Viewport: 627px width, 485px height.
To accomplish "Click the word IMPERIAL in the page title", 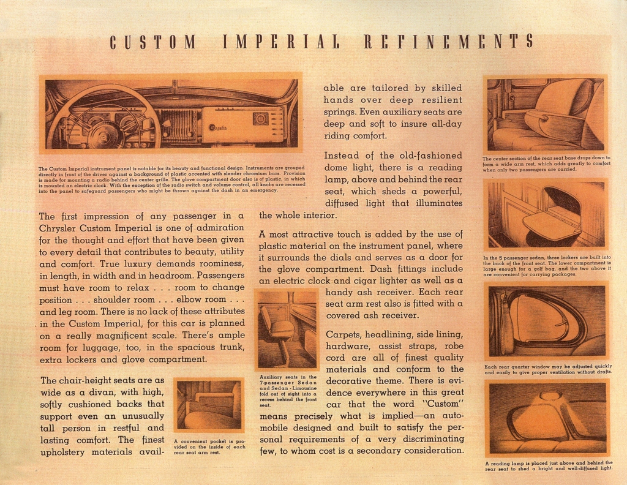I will [x=281, y=42].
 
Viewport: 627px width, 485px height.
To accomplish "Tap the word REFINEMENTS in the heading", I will [x=448, y=42].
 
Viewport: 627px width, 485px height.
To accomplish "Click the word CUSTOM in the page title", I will [x=153, y=42].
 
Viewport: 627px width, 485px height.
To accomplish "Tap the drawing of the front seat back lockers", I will [x=545, y=214].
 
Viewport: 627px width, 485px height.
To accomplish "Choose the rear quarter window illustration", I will [x=545, y=321].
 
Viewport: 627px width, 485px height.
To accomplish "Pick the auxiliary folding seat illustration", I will [x=287, y=329].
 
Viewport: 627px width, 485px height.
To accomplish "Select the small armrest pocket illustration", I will [x=209, y=405].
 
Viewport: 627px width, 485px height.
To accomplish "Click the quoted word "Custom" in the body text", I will [x=443, y=404].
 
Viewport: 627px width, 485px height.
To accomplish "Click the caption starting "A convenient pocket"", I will [x=209, y=447].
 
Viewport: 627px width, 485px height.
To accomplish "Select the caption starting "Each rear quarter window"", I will [x=547, y=369].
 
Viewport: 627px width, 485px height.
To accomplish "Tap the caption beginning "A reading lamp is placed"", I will [x=548, y=465].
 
